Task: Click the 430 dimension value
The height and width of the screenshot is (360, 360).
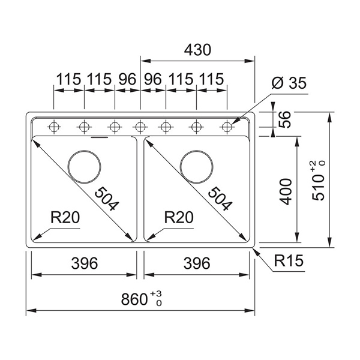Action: [x=197, y=50]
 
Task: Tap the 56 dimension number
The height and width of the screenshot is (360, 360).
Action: [x=286, y=121]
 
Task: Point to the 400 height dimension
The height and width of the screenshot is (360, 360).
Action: [x=286, y=191]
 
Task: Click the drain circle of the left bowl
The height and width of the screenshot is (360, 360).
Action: [x=84, y=164]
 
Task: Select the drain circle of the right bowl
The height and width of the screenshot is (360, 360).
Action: [x=196, y=164]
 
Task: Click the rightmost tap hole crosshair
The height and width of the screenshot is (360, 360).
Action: [x=227, y=127]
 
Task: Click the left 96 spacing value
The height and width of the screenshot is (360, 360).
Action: [x=127, y=79]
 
